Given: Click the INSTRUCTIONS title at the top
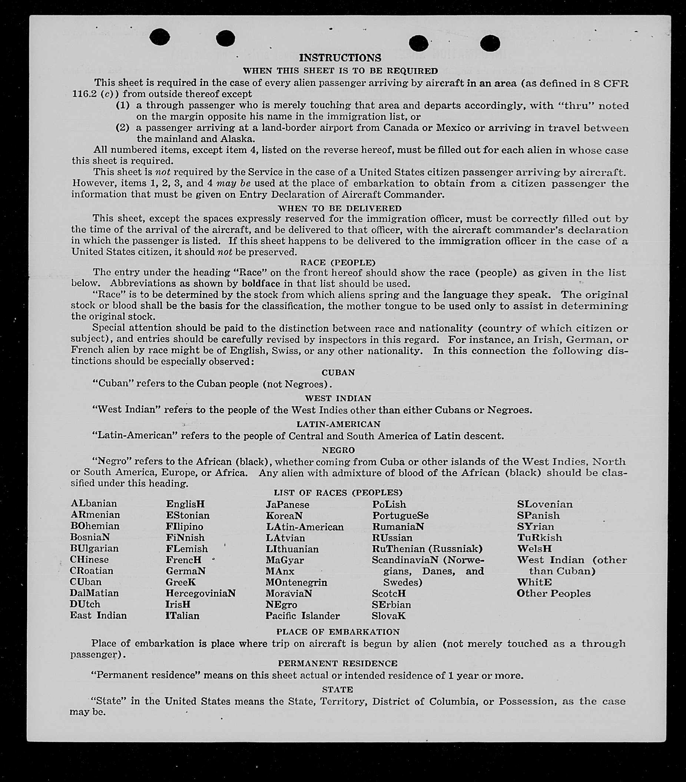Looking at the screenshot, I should (x=340, y=58).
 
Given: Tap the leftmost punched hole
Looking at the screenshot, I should (x=159, y=37).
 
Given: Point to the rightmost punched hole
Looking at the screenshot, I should (x=490, y=43).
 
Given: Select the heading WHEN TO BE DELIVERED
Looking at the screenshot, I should (x=339, y=209).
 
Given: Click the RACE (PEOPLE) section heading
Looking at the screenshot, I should (x=338, y=262).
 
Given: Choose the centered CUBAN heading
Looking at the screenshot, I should (x=338, y=373).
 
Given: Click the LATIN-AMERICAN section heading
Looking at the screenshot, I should (x=338, y=424).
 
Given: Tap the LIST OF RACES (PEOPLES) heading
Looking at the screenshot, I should (x=338, y=493).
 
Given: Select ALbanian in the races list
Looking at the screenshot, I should (x=94, y=503).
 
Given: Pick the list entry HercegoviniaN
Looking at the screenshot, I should (x=200, y=593).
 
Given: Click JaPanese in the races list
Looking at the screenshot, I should (x=288, y=505).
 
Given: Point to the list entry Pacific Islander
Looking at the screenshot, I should (x=302, y=616).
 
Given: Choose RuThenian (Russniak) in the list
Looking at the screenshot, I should (x=427, y=549).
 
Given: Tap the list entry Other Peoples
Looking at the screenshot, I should (x=553, y=594).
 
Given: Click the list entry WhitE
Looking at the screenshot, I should (x=534, y=582).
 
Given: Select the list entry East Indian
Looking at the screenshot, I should (x=98, y=616).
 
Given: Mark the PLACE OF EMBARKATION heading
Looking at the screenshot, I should (x=338, y=632).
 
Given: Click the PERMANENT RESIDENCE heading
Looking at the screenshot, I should (x=338, y=663).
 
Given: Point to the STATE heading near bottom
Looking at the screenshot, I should (x=337, y=690).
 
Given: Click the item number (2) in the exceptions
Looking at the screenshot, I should (x=123, y=127).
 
